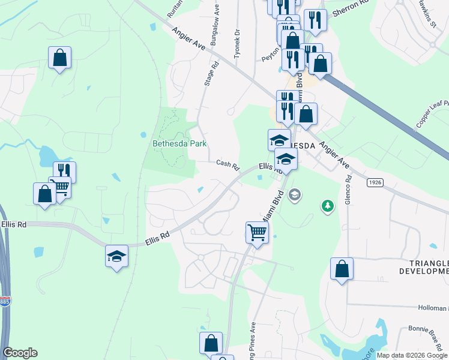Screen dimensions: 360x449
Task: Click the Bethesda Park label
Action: coord(179,143)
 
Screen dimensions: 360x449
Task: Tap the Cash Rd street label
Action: coord(228,163)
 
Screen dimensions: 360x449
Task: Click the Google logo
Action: coord(20,353)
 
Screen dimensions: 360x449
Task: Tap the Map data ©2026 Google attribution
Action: coord(412,355)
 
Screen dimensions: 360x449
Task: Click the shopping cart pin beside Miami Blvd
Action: coord(257,231)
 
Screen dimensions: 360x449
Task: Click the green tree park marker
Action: coord(327,206)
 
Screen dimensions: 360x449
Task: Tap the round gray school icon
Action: coord(294,194)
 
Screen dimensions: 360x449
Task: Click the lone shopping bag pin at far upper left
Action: coord(60,58)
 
